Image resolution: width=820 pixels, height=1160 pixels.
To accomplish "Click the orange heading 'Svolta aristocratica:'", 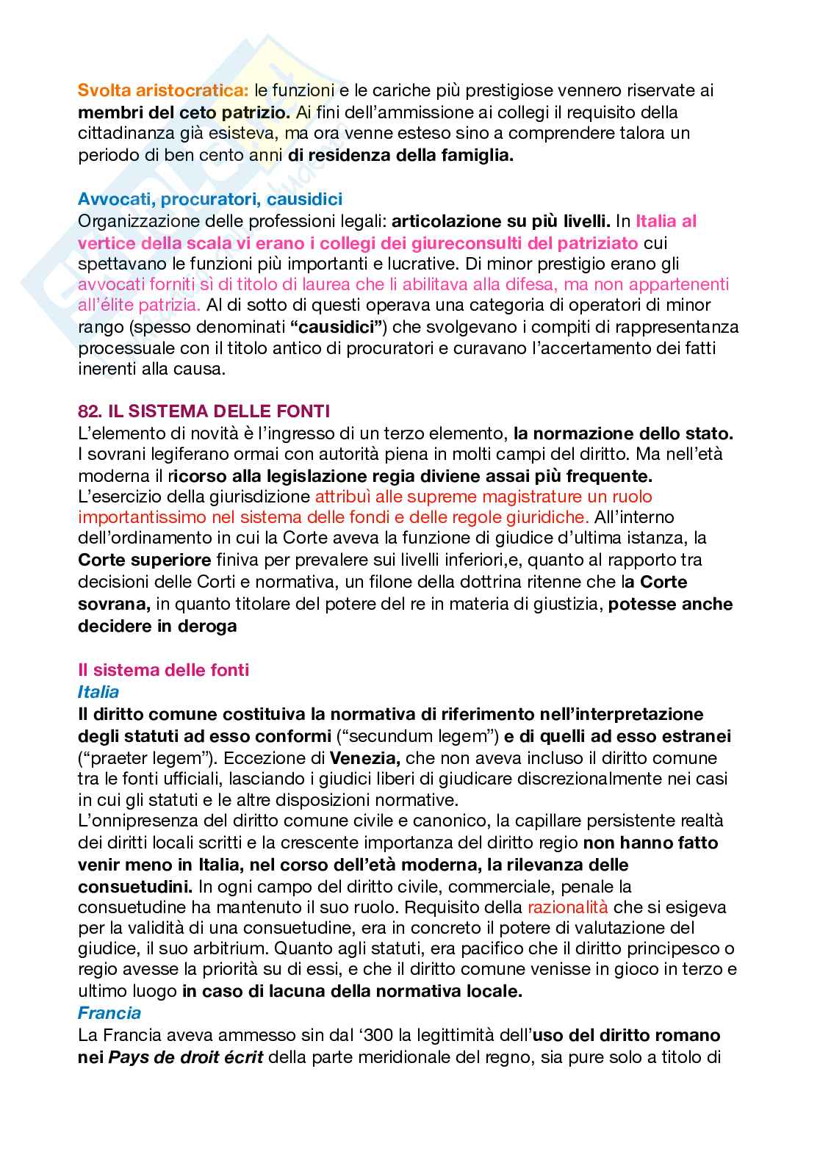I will (x=163, y=90).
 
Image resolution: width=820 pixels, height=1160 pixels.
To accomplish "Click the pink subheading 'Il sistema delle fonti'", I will (x=163, y=669).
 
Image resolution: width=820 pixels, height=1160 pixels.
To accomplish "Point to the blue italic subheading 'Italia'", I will (x=98, y=691).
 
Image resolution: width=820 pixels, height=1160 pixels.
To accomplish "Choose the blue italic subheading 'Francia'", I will (x=109, y=1012).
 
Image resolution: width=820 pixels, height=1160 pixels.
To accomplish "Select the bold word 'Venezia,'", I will (x=364, y=757).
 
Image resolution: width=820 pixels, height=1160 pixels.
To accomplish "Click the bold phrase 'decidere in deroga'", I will (x=157, y=626).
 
